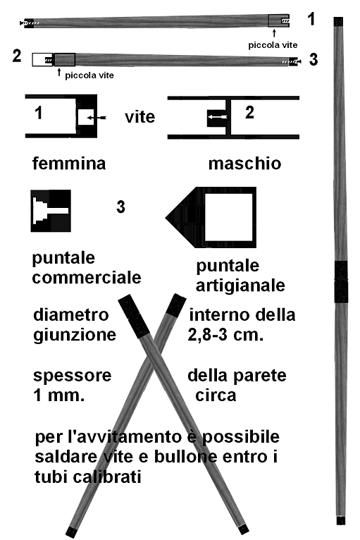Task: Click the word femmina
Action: [x=69, y=163]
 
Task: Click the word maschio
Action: [x=244, y=164]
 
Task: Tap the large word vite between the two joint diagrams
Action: [x=139, y=117]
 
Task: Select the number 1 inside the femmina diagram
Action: [x=39, y=113]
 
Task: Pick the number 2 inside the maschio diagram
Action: [x=249, y=112]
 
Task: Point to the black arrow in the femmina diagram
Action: [x=97, y=118]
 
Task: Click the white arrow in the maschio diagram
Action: [x=218, y=117]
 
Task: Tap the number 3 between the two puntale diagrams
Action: [x=120, y=207]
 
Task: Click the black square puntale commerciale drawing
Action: [x=51, y=210]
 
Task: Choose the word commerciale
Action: [x=87, y=278]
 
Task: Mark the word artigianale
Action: [x=240, y=286]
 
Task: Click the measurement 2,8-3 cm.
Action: [x=225, y=334]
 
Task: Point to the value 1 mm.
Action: [x=59, y=395]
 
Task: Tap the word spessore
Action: [x=73, y=376]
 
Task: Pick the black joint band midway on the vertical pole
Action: [x=341, y=282]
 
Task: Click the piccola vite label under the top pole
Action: [x=273, y=45]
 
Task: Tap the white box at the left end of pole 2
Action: [x=43, y=60]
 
